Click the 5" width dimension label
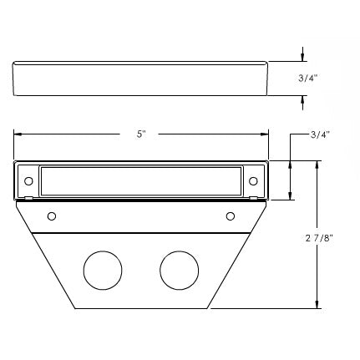tap(141, 134)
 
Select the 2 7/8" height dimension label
tap(319, 238)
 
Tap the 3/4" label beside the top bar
tap(308, 79)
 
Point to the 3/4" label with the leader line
tap(320, 134)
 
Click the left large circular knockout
tap(103, 270)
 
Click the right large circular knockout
tap(180, 270)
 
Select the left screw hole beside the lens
tap(28, 181)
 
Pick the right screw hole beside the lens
tap(253, 181)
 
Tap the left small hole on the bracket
tap(52, 216)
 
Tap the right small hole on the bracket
tap(231, 216)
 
